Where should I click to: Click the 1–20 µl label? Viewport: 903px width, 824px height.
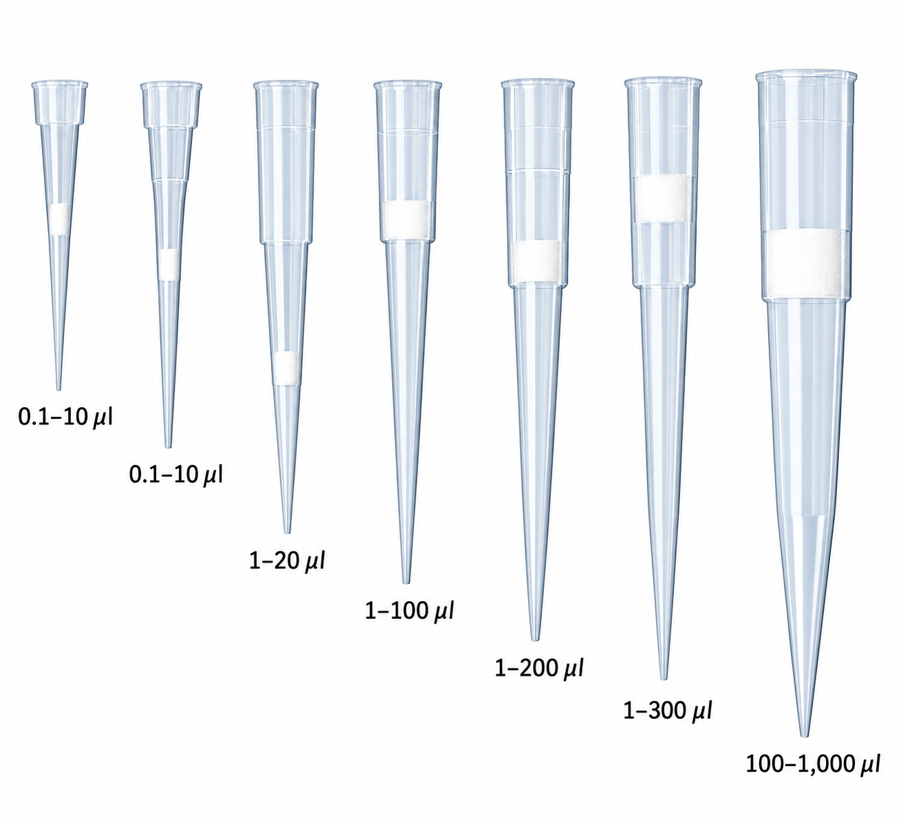click(287, 561)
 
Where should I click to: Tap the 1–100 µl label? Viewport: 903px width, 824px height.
click(409, 611)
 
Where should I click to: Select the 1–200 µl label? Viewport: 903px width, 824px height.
click(538, 668)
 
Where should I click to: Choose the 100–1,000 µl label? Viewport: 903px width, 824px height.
click(812, 777)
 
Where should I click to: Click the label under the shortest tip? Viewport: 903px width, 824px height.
click(66, 417)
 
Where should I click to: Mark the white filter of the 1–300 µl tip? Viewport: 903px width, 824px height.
click(662, 199)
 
